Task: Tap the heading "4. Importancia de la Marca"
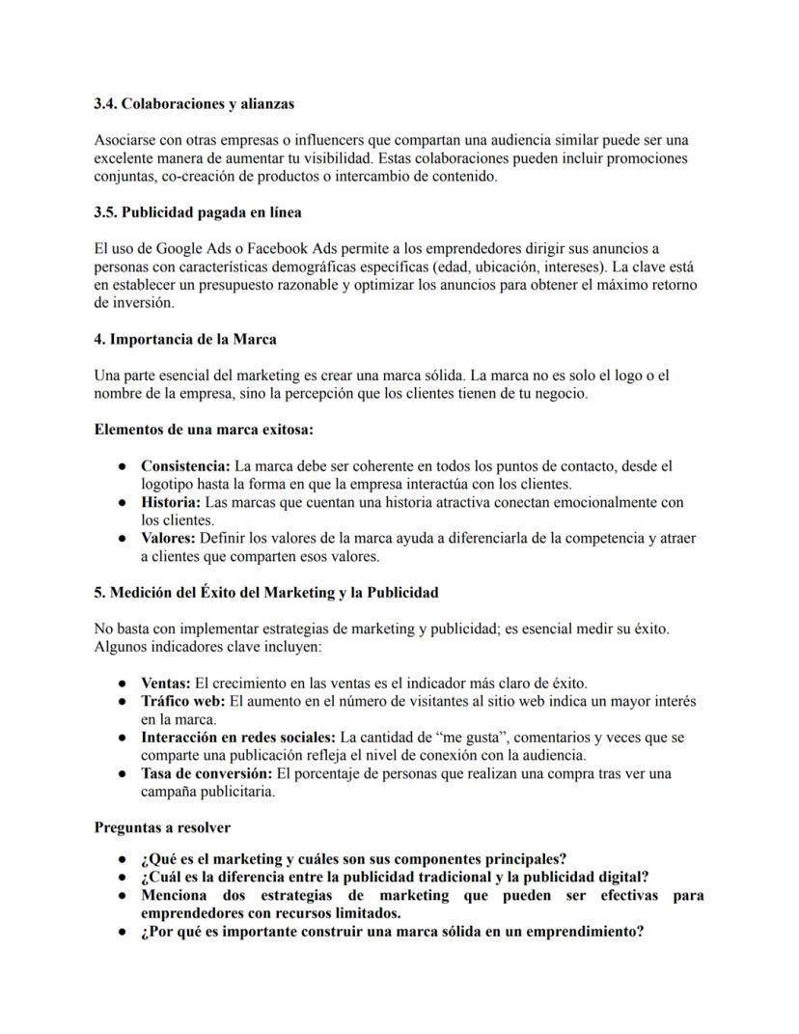(185, 339)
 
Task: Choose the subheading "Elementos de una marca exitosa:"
(204, 430)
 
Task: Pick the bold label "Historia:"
(171, 503)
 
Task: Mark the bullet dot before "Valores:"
(124, 539)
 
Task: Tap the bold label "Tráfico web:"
(182, 702)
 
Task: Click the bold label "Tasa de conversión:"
(207, 774)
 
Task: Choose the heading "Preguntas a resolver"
(162, 828)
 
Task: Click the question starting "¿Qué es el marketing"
(353, 859)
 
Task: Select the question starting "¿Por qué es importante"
(392, 933)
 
